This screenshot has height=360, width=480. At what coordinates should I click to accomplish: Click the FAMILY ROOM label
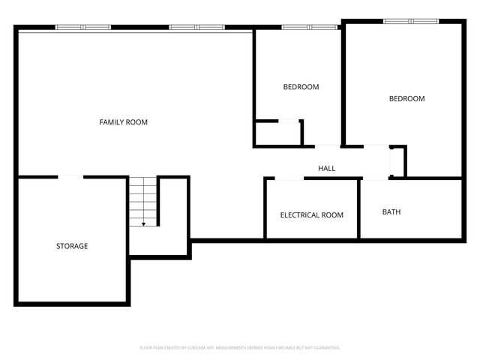pyautogui.click(x=124, y=122)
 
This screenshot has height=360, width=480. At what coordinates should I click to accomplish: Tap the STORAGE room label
pyautogui.click(x=72, y=246)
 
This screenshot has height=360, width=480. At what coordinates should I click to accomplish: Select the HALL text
pyautogui.click(x=326, y=169)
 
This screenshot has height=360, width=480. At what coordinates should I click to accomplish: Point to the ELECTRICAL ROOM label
pyautogui.click(x=311, y=215)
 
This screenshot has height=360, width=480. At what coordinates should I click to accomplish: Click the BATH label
pyautogui.click(x=391, y=212)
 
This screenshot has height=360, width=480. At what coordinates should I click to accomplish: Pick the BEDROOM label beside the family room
pyautogui.click(x=301, y=87)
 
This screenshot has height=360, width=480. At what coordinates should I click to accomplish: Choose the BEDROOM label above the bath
pyautogui.click(x=406, y=99)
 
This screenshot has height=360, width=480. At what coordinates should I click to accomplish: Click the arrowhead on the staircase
pyautogui.click(x=143, y=223)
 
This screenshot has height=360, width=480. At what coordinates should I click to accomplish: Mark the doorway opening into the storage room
pyautogui.click(x=71, y=177)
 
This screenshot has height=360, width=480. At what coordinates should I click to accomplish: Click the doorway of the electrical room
pyautogui.click(x=289, y=178)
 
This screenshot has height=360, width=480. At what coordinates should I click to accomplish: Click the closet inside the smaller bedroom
pyautogui.click(x=277, y=133)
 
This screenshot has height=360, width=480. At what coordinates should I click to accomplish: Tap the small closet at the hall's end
pyautogui.click(x=397, y=161)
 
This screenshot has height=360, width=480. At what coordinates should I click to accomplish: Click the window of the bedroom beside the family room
pyautogui.click(x=309, y=28)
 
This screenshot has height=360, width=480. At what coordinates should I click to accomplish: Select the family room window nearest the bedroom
pyautogui.click(x=196, y=28)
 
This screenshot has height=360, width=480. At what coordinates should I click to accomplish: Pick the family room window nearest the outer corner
pyautogui.click(x=83, y=28)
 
